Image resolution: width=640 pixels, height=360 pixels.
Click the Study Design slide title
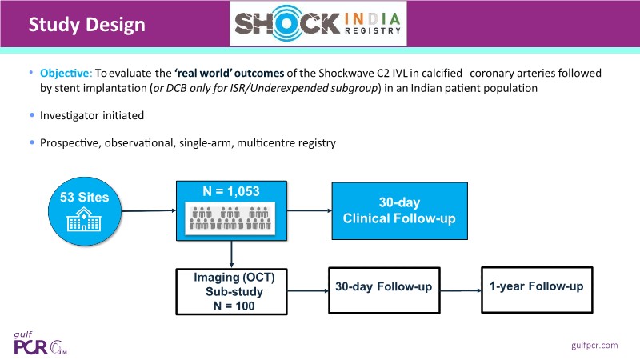(87, 25)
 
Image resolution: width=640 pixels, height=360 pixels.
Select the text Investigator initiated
(92, 116)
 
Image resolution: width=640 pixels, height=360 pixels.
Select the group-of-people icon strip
(230, 218)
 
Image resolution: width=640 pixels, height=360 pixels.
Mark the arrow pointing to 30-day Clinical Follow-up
(308, 211)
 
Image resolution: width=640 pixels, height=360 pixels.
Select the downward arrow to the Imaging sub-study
(230, 254)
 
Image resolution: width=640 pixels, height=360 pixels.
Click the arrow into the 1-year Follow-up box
(462, 286)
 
